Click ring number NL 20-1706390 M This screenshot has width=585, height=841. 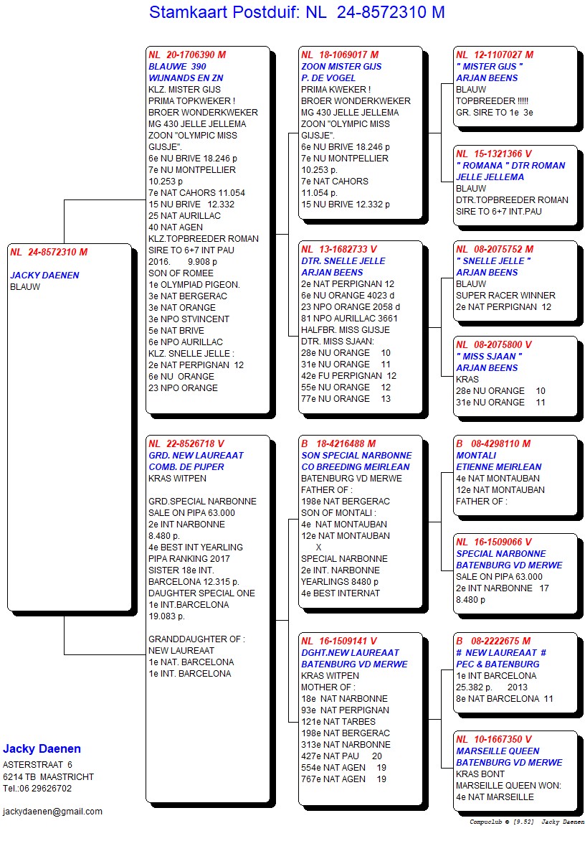point(187,55)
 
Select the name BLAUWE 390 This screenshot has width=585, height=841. point(177,67)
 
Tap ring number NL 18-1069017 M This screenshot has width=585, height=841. point(340,55)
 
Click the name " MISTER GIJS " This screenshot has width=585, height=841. point(490,67)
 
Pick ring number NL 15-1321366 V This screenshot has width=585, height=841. point(495,154)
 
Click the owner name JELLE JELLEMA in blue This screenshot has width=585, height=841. point(490,177)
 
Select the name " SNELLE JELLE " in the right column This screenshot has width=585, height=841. point(493,261)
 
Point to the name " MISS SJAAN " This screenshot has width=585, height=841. point(489,357)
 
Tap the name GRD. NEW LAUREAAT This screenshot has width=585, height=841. point(196,456)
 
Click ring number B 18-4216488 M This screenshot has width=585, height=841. point(338,444)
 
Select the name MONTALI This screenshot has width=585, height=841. point(476,456)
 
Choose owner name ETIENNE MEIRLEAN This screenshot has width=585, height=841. point(499,467)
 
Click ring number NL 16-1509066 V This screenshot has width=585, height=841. point(494,542)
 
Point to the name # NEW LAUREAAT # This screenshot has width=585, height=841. point(501,653)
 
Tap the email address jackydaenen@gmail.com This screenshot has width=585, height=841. point(52,812)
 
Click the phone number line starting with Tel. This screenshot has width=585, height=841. point(37,789)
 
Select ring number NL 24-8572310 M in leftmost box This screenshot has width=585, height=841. point(49,253)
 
